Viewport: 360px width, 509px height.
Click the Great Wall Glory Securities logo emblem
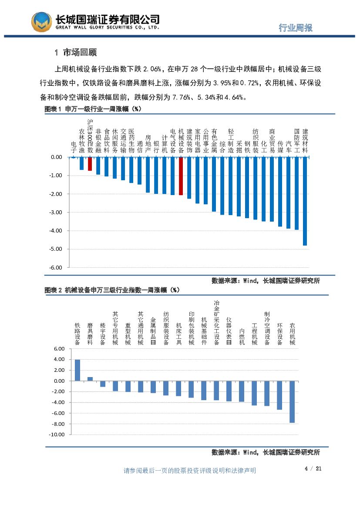[x=42, y=21]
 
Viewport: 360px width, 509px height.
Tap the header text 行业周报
[x=296, y=27]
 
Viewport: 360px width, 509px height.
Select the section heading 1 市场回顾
[x=75, y=53]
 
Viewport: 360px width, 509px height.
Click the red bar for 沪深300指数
[x=90, y=164]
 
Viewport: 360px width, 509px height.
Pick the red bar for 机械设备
[x=181, y=176]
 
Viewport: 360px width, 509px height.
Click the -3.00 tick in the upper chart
[x=56, y=212]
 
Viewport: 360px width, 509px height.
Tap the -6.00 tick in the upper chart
[x=56, y=267]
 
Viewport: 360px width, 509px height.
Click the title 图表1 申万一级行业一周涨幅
[x=94, y=109]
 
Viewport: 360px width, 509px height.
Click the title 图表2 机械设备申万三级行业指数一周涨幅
[x=112, y=290]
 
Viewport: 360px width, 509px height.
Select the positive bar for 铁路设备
[x=77, y=370]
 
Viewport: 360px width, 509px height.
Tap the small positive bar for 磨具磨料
[x=90, y=379]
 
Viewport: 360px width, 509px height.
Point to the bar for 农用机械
[x=292, y=401]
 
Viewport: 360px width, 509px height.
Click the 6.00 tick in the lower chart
[x=59, y=349]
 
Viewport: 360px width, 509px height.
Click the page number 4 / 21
[x=313, y=469]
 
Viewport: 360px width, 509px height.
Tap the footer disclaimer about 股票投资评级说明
[x=190, y=470]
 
